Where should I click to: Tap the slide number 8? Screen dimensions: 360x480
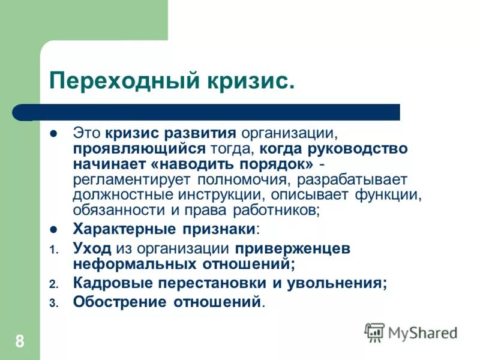pos(20,343)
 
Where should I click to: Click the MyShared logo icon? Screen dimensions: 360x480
pos(374,332)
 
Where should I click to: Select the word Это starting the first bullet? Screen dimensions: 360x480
pos(88,132)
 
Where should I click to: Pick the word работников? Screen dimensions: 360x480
pos(279,211)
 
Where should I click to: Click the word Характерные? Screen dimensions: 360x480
pos(122,229)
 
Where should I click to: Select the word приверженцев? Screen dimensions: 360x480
pos(292,247)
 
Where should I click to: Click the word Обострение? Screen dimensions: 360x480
pos(121,301)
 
